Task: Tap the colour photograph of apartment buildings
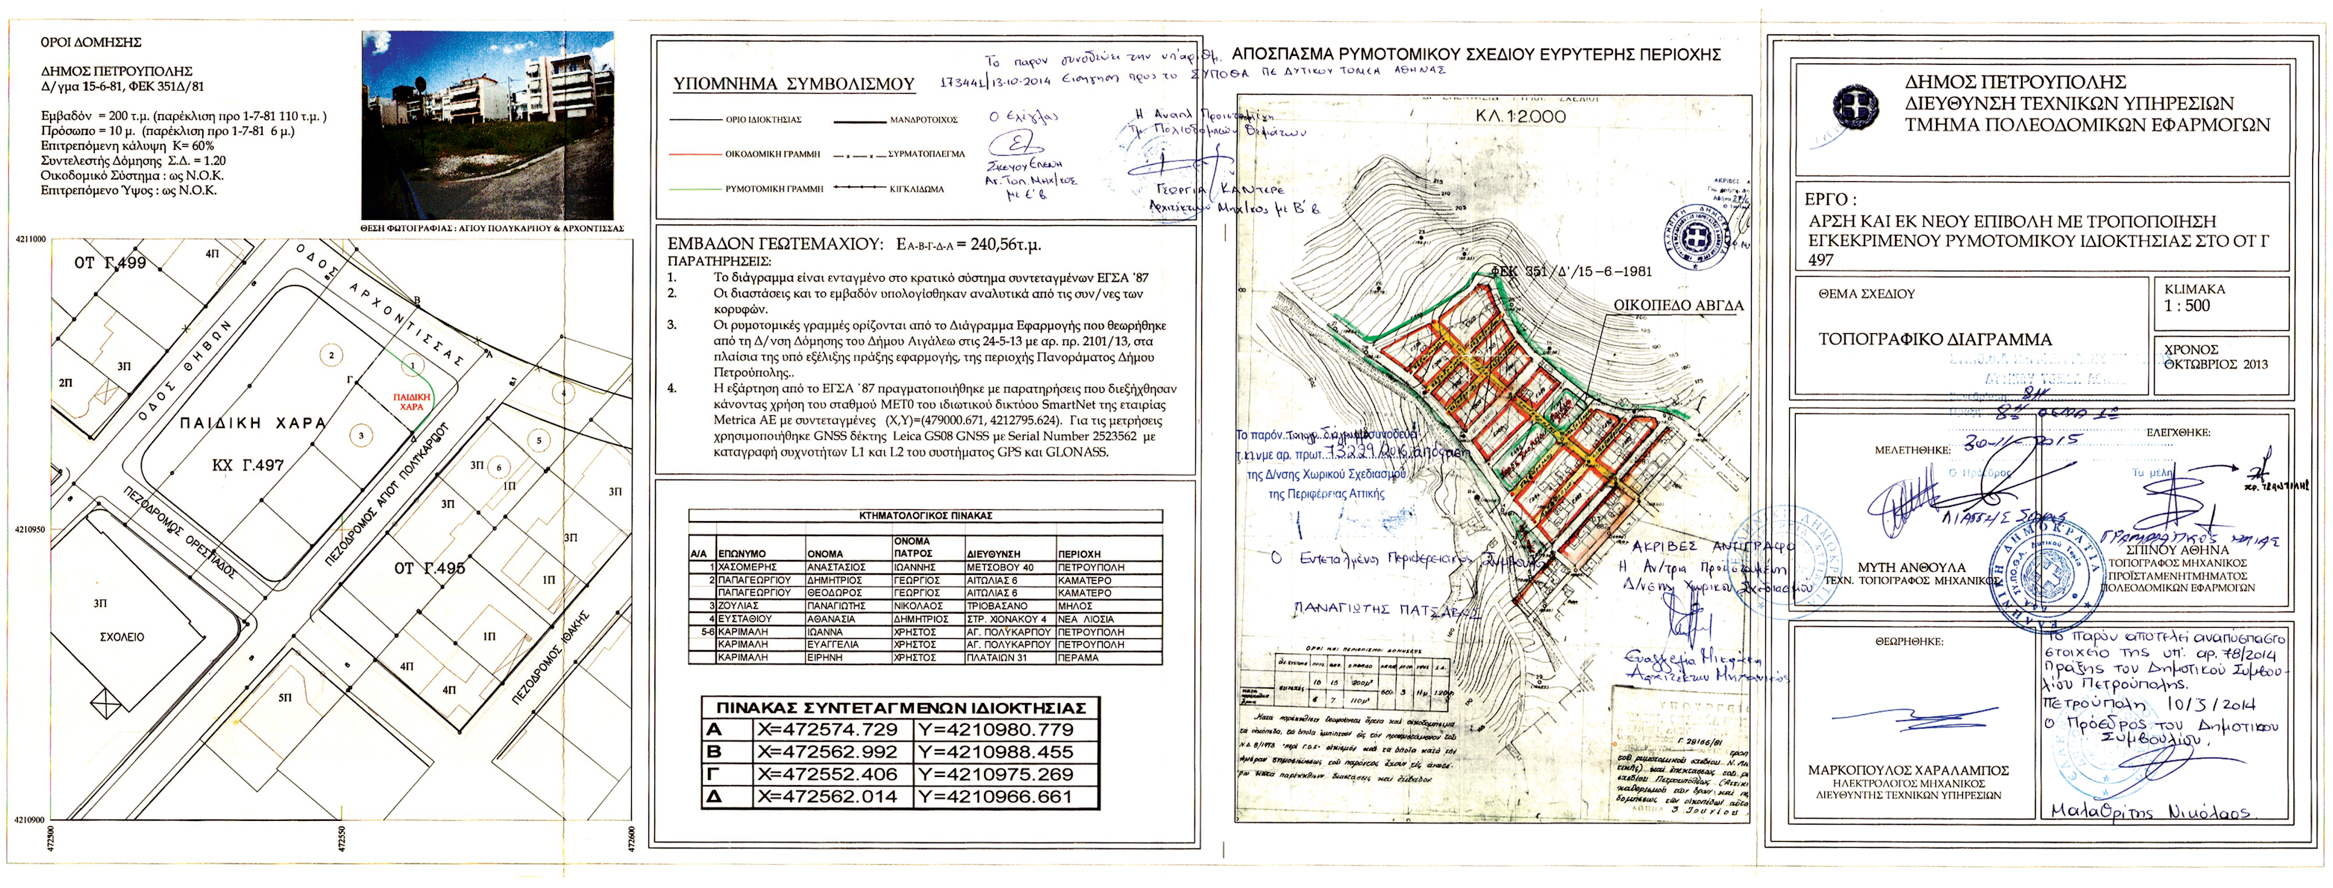[487, 125]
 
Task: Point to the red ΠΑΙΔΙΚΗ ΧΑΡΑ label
[411, 402]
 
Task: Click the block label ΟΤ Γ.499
[110, 262]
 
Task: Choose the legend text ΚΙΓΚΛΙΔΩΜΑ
[916, 189]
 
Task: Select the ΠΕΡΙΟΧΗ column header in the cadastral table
[1080, 554]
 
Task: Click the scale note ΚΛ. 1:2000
[1520, 116]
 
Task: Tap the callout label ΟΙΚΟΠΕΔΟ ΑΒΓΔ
[1678, 306]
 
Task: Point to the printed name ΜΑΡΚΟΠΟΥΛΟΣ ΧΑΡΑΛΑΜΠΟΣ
[1908, 770]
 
